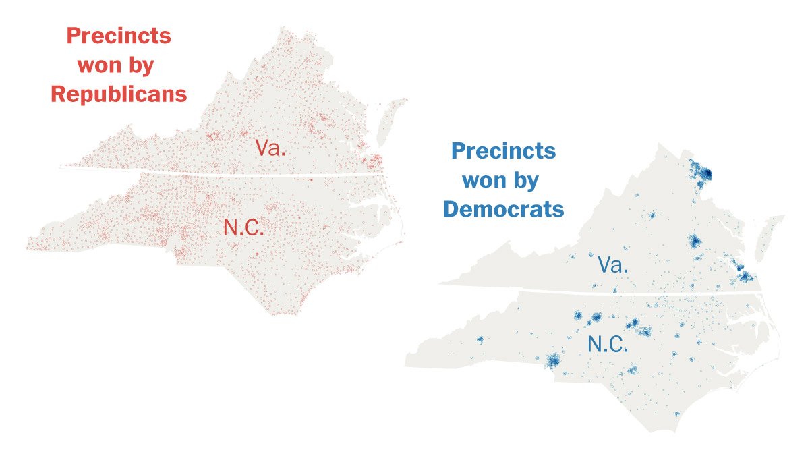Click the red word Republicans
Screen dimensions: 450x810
[119, 94]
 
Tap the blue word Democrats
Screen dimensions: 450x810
[503, 209]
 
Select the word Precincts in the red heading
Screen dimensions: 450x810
[119, 36]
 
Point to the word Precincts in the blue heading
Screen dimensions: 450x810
[503, 150]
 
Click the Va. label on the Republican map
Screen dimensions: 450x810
[270, 148]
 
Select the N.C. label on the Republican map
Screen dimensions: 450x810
[244, 228]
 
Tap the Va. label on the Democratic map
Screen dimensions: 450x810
[613, 264]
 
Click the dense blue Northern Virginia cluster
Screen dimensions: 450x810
[702, 173]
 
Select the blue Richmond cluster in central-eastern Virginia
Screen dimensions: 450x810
[695, 241]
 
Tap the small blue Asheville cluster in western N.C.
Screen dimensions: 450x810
[480, 339]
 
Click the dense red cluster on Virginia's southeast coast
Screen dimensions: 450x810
[371, 162]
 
